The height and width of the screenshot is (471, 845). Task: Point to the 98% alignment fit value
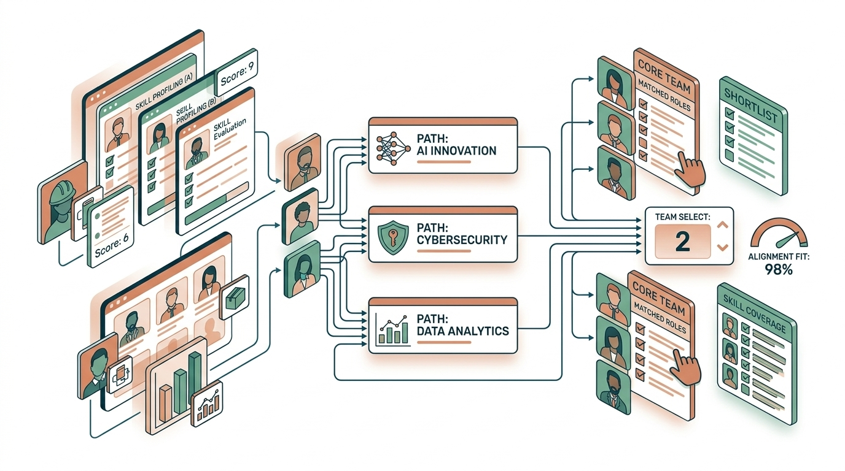tap(778, 269)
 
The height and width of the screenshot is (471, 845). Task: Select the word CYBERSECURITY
tap(462, 240)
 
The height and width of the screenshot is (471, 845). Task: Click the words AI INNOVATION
tap(456, 150)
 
